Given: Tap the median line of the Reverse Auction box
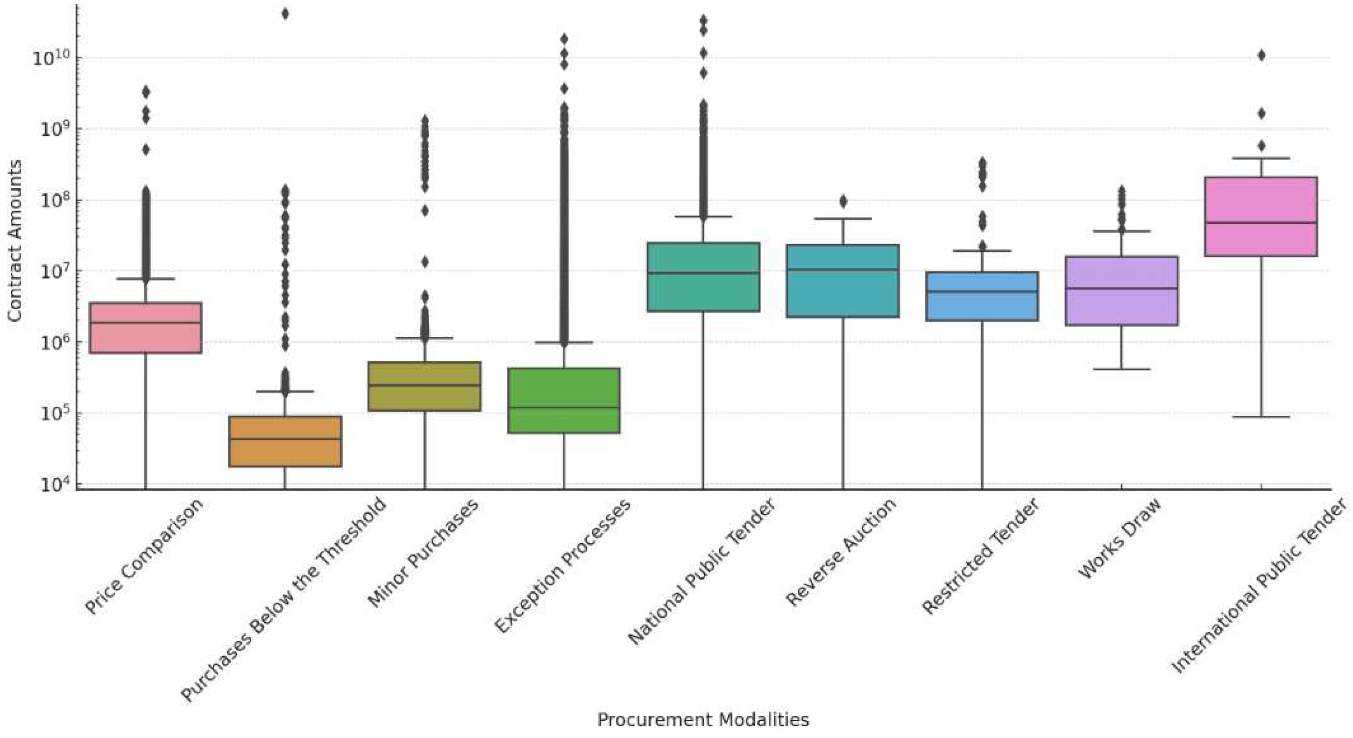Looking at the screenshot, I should pos(843,270).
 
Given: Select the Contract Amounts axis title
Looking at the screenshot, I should pos(14,241).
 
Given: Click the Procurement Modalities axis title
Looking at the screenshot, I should pos(703,719).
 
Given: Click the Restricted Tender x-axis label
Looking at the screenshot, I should pos(979,557).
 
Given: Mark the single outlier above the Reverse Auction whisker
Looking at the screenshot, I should pos(843,201).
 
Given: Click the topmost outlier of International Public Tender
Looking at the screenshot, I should pos(1261,56).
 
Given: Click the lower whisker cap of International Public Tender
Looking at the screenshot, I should pos(1261,417).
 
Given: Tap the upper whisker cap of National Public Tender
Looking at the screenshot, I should pos(703,216).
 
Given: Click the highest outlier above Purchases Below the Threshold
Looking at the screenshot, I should pos(285,14).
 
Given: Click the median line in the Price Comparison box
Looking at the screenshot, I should pos(146,322).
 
